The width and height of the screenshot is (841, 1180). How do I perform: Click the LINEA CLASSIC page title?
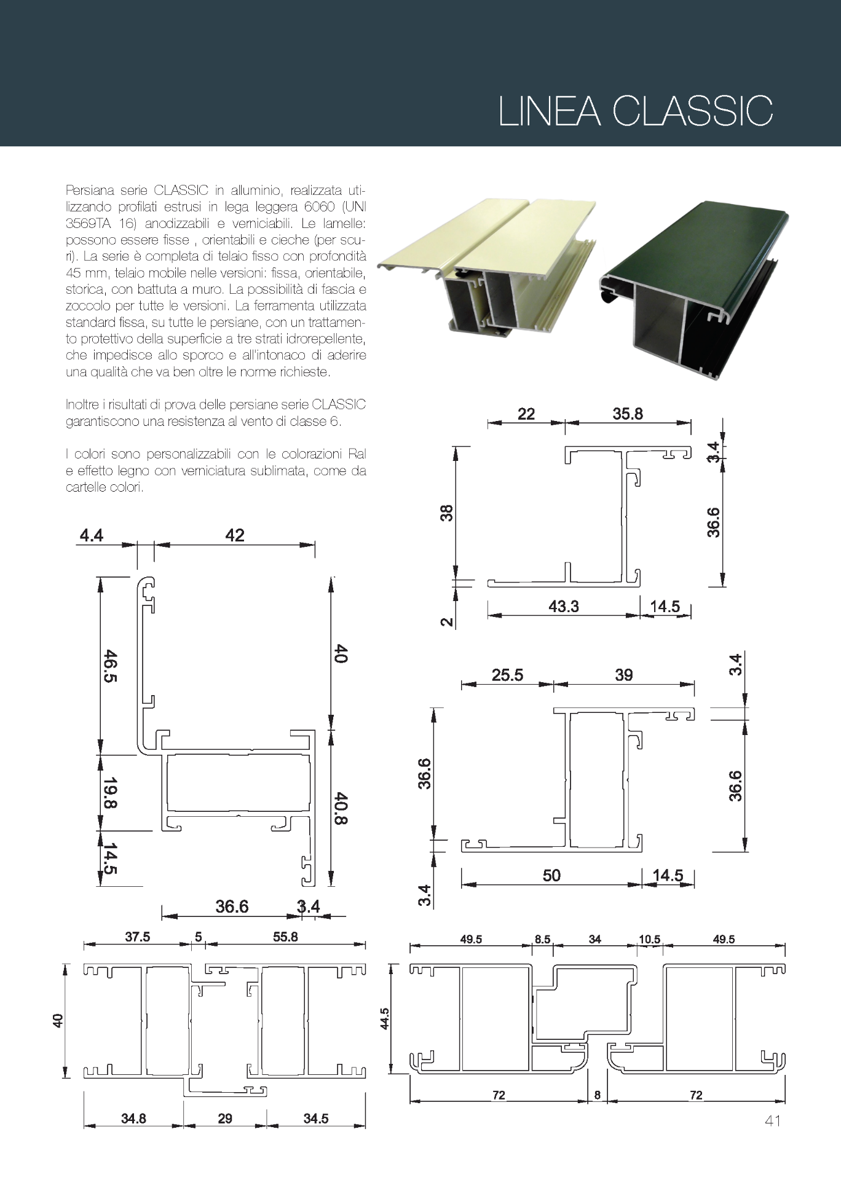click(635, 111)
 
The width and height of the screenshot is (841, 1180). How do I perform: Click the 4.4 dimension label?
click(91, 535)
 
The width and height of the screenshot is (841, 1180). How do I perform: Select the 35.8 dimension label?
click(627, 414)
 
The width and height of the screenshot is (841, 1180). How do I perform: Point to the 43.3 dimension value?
click(563, 606)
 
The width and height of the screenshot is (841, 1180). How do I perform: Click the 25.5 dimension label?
click(507, 675)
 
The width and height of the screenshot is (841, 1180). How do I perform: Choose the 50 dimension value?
click(551, 875)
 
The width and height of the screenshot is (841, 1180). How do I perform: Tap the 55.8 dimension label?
click(285, 937)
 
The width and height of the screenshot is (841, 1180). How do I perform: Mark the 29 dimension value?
click(225, 1118)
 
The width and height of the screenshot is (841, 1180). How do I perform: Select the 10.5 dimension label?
click(649, 939)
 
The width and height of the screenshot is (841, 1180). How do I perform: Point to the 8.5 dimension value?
click(542, 939)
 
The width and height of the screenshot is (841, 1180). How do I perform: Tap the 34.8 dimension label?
click(133, 1118)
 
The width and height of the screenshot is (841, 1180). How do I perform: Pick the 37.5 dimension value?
click(137, 937)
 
